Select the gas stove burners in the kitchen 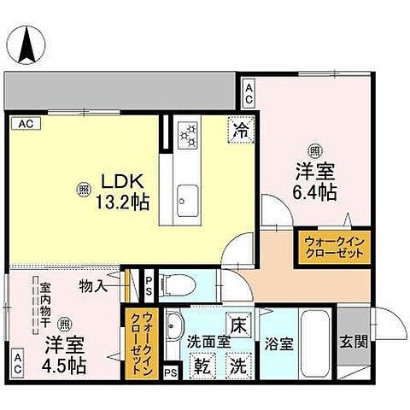coord(186,134)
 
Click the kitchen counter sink coord(185,203)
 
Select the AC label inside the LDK coord(26,124)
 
